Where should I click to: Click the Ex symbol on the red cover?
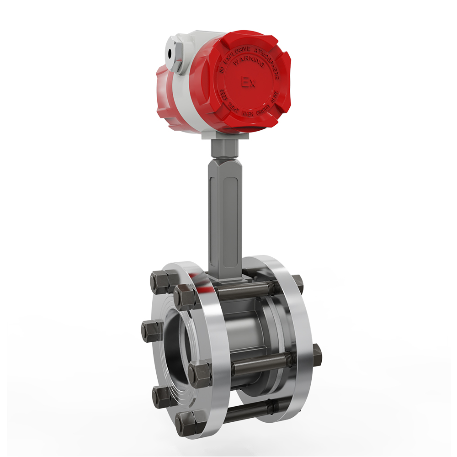tap(248, 82)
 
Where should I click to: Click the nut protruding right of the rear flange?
tap(316, 354)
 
